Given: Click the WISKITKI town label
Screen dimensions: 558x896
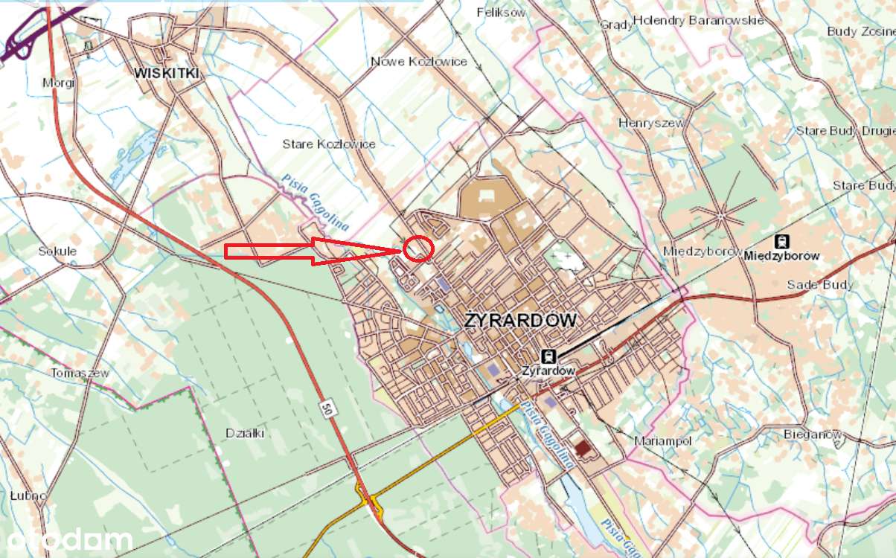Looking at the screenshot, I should pos(168,72).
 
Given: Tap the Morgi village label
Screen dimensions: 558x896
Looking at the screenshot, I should pos(59,83).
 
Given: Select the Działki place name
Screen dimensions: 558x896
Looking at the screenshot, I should pos(245,433).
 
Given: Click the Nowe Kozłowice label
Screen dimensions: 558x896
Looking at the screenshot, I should pos(419,61).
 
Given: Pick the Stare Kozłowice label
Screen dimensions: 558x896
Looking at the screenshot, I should pos(329,144).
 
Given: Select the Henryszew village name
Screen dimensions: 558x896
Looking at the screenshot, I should pos(653,122).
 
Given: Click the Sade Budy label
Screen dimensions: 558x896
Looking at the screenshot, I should pos(821,285).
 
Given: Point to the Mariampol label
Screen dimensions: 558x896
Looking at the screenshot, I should pos(662,441).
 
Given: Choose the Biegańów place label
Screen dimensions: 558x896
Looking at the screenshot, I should pos(812,434).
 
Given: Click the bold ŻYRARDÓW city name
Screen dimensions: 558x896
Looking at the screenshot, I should pos(520,321).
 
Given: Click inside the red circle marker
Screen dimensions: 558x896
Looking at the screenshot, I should pos(419,248).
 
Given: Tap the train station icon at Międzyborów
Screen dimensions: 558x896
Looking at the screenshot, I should pos(781,241).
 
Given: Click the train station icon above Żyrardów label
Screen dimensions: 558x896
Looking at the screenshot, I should pos(548,356).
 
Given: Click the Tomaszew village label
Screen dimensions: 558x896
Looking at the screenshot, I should pos(80,373).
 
